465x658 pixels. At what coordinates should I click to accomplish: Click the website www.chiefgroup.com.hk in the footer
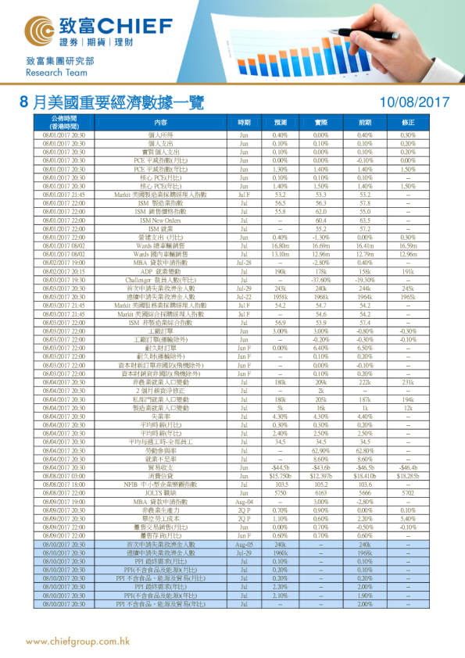[78, 642]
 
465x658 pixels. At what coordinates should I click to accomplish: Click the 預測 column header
[281, 123]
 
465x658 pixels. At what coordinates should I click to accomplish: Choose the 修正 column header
[408, 123]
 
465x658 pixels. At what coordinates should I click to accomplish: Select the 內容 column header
[160, 123]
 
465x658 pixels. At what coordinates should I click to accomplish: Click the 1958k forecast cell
[281, 297]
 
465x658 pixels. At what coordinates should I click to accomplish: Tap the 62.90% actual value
[320, 452]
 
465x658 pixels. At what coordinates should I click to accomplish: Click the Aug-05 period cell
[244, 544]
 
